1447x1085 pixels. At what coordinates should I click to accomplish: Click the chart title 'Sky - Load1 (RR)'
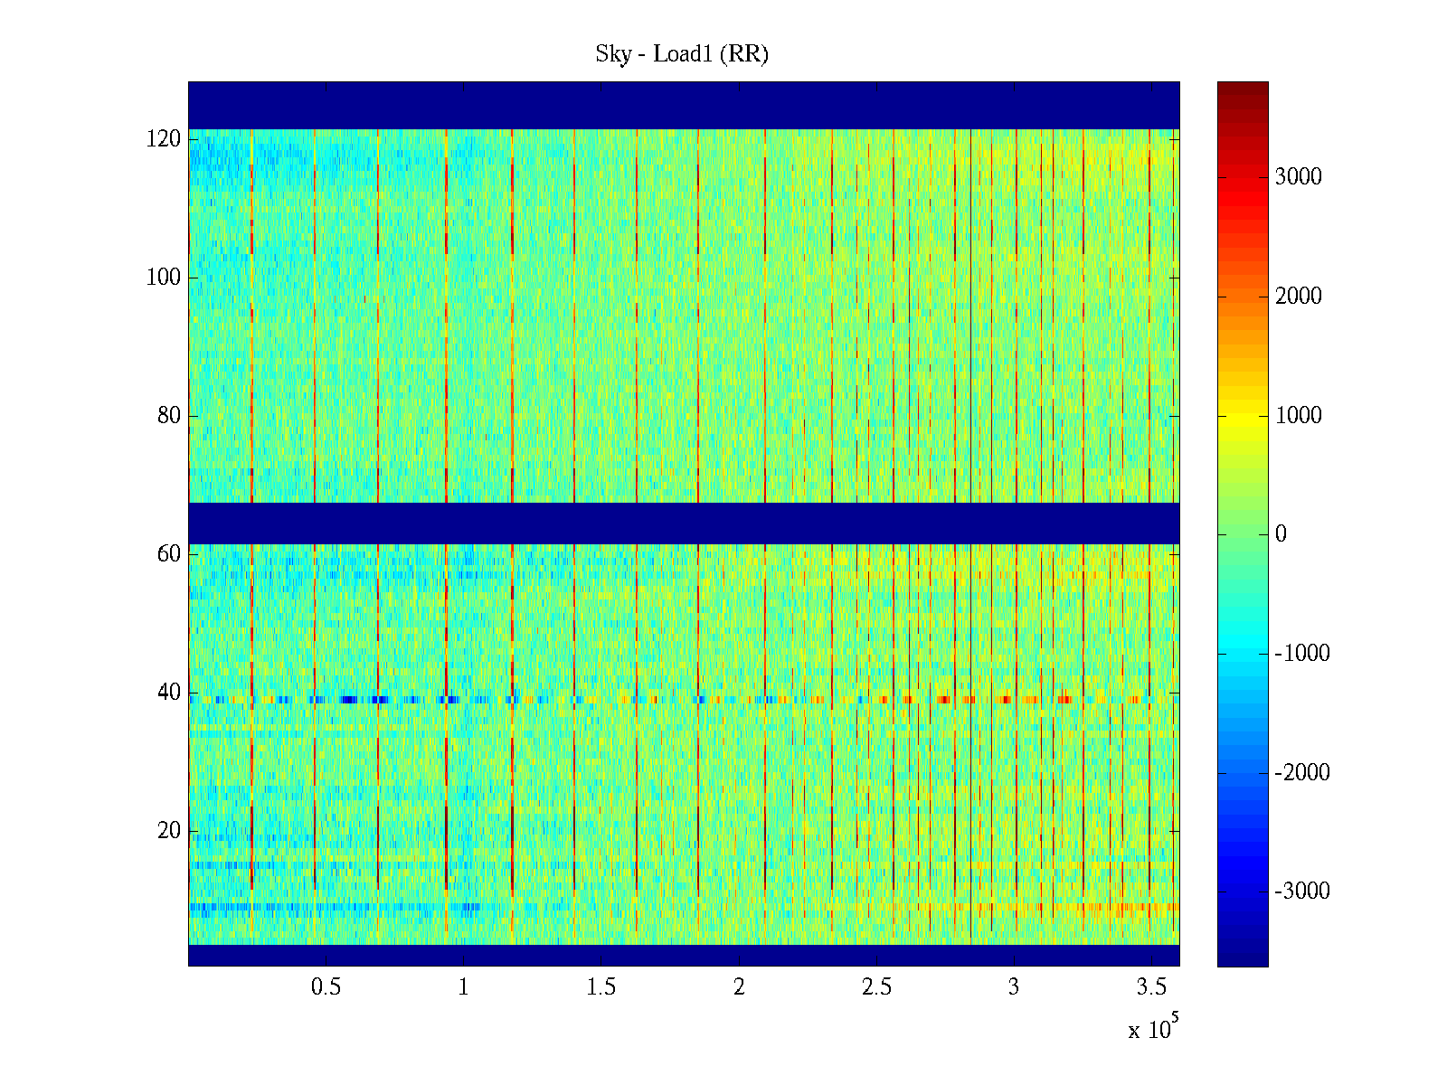[x=682, y=54]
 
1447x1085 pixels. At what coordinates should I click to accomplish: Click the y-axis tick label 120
[x=164, y=139]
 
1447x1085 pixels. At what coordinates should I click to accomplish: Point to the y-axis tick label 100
[x=164, y=278]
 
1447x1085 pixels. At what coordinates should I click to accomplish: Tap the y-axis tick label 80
[x=169, y=416]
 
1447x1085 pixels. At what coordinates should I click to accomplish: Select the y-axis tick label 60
[x=169, y=554]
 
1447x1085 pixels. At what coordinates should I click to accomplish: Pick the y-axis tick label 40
[x=169, y=693]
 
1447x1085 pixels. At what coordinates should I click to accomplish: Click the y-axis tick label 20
[x=169, y=831]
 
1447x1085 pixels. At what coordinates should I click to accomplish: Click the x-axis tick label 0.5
[x=326, y=987]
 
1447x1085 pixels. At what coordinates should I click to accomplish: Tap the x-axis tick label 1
[x=463, y=987]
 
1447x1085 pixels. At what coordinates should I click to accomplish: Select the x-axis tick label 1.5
[x=601, y=987]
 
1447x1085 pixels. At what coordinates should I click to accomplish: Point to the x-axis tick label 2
[x=739, y=987]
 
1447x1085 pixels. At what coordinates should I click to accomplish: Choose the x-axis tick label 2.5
[x=876, y=987]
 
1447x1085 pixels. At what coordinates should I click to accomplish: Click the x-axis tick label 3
[x=1014, y=987]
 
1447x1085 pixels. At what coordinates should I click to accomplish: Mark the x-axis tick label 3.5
[x=1151, y=987]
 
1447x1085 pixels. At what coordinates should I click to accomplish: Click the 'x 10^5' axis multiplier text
[x=1153, y=1029]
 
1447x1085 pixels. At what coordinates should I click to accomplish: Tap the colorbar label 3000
[x=1299, y=177]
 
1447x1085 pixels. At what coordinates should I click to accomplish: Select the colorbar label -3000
[x=1302, y=892]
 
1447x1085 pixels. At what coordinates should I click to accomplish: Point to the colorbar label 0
[x=1281, y=534]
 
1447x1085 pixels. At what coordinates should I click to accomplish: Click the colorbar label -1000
[x=1302, y=654]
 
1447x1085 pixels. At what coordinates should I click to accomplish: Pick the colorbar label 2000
[x=1299, y=297]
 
